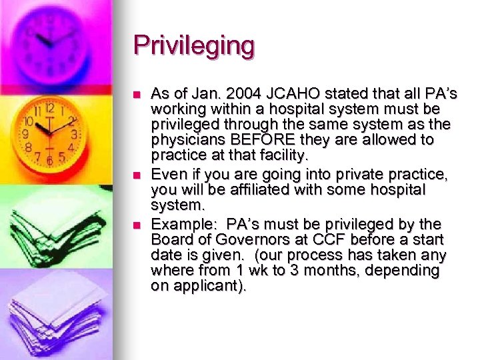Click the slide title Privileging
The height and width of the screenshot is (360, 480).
pyautogui.click(x=194, y=46)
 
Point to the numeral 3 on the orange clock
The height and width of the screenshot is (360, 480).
pyautogui.click(x=74, y=134)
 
